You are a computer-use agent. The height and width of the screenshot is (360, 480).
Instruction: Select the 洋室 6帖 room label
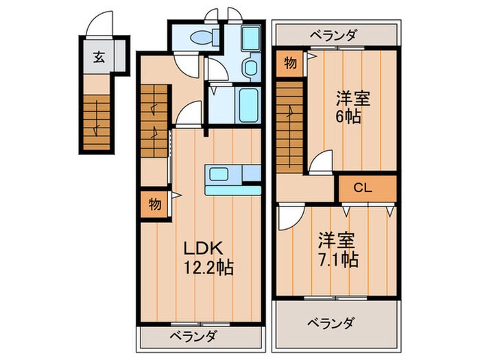click(x=352, y=106)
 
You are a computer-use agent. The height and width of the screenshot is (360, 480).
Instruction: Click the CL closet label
click(x=363, y=187)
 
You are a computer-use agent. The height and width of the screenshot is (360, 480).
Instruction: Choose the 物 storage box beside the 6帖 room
click(x=290, y=64)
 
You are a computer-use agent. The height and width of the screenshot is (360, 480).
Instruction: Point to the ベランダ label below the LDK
click(x=194, y=337)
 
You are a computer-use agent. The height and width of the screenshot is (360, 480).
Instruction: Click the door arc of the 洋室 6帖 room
click(x=320, y=163)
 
